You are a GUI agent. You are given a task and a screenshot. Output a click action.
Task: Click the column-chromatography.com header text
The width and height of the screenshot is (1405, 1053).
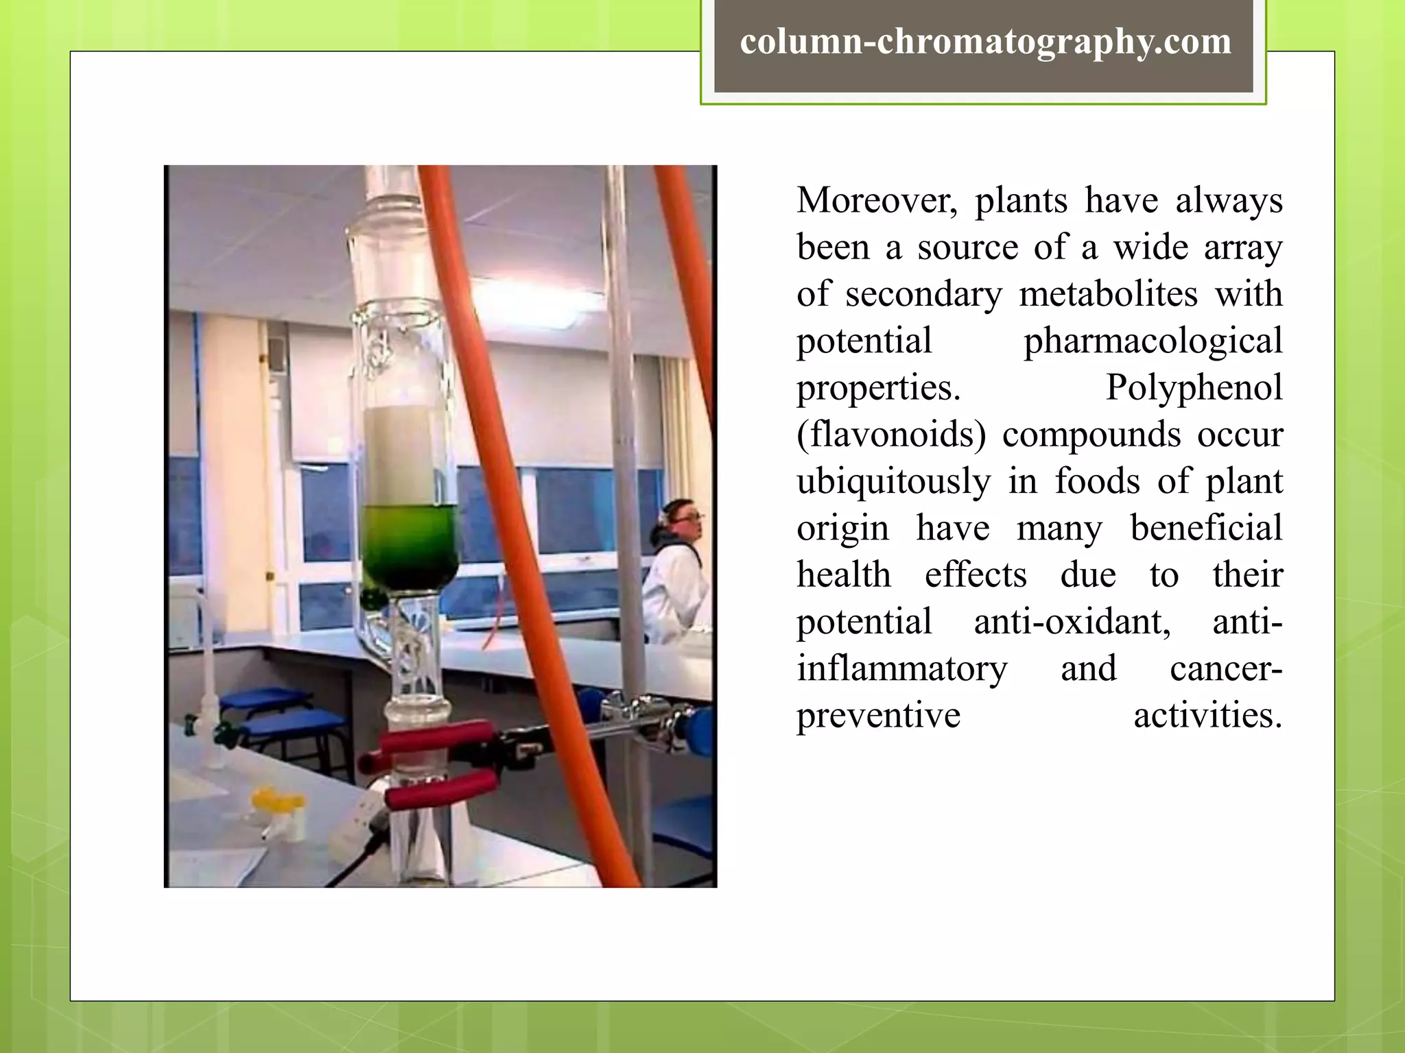click(985, 43)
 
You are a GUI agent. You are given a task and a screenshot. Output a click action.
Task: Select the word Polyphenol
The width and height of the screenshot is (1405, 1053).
click(1194, 387)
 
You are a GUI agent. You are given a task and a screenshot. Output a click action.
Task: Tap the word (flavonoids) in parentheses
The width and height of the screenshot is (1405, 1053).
click(891, 435)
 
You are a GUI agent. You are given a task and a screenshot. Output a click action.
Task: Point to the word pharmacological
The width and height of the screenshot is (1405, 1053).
click(1153, 341)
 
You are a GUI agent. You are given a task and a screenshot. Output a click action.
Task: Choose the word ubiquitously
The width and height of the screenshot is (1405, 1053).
click(893, 482)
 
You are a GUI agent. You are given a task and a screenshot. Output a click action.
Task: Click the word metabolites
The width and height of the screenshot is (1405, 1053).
click(1108, 294)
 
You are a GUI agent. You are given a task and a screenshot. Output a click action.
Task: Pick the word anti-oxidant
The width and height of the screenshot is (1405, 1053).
click(1072, 622)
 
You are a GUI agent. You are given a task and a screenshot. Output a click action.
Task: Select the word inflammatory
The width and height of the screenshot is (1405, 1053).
click(901, 669)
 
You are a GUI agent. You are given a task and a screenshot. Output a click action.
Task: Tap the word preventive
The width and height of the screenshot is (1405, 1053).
click(878, 716)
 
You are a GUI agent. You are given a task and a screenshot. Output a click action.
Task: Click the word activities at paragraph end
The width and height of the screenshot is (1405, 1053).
click(1207, 716)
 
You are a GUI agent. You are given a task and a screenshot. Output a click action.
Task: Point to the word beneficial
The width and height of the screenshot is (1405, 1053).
click(1205, 529)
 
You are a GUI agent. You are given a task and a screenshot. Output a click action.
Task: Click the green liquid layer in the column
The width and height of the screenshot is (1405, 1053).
click(410, 545)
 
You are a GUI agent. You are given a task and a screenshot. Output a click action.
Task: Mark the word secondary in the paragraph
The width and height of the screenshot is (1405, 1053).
click(923, 294)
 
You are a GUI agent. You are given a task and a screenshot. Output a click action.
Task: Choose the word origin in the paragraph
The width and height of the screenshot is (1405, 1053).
click(842, 529)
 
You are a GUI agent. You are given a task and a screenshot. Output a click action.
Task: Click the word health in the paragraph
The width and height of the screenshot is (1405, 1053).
click(843, 575)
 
